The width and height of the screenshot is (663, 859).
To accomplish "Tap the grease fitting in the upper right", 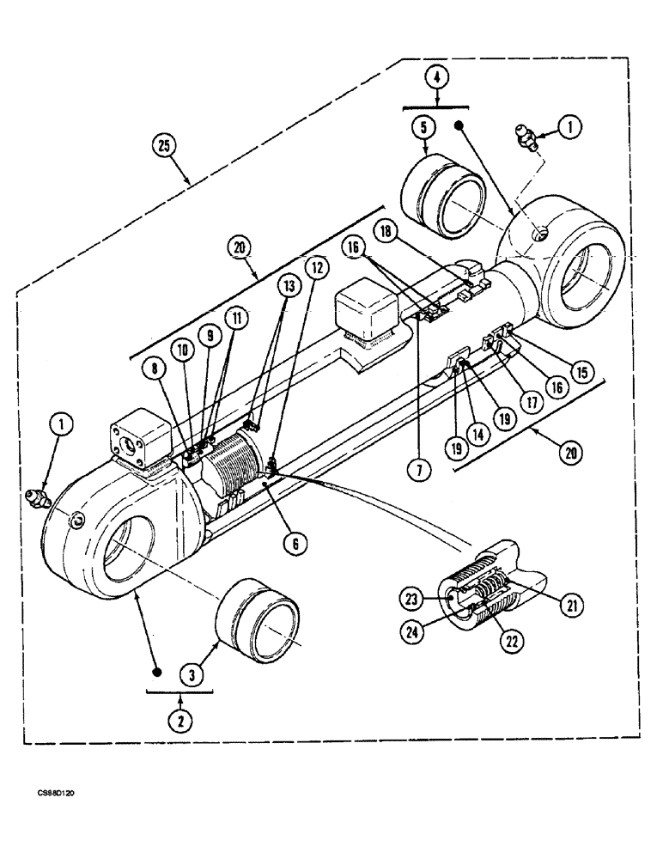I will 526,137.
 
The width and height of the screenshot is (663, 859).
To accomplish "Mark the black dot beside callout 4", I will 460,126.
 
